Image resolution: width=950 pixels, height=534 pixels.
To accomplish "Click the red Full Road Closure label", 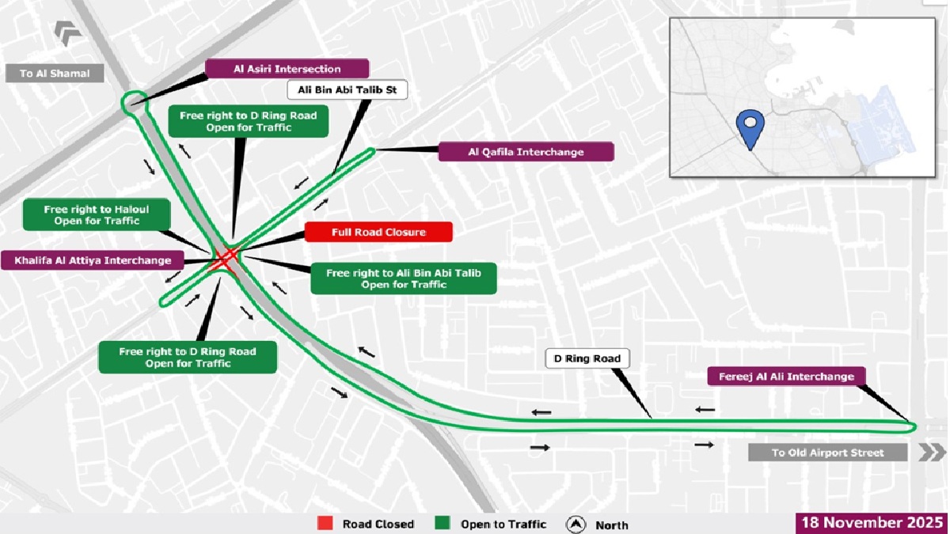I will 378,232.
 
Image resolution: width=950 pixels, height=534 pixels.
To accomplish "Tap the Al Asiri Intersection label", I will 287,69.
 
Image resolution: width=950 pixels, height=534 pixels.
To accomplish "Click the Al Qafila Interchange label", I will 526,152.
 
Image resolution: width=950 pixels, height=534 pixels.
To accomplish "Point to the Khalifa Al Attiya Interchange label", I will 92,259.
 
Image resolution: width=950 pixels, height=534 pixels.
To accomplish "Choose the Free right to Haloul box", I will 97,215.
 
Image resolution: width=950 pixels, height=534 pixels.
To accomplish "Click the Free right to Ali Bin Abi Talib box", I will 404,278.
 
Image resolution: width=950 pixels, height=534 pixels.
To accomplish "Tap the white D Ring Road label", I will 587,359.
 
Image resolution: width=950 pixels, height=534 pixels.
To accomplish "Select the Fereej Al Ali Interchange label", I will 786,376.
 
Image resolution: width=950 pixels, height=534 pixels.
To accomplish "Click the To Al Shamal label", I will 55,74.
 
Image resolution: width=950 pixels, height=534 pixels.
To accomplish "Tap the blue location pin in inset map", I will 749,129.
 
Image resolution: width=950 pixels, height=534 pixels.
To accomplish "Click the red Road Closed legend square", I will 325,524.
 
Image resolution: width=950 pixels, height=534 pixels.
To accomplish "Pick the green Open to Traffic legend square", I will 443,524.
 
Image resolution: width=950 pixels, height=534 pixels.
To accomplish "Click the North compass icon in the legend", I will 576,524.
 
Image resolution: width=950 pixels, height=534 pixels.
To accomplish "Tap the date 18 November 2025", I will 872,523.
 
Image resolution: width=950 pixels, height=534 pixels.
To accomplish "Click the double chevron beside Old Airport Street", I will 931,453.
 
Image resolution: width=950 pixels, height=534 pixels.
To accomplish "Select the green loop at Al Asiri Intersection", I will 134,101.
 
